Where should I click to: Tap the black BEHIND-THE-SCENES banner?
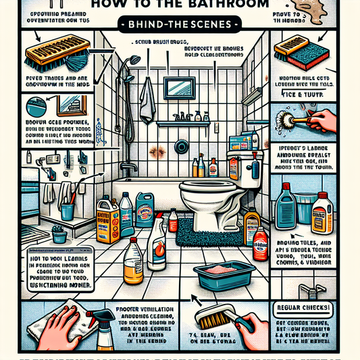[x=180, y=25]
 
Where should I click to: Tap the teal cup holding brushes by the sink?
[x=67, y=211]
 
